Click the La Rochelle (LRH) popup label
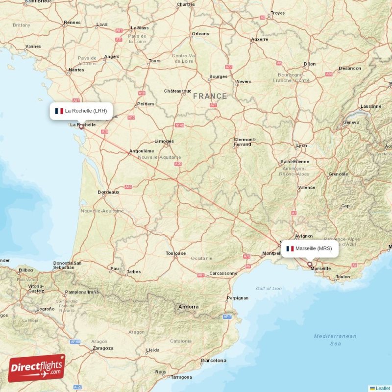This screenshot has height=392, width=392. pos(81,111)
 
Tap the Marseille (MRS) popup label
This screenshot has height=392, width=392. pos(309,248)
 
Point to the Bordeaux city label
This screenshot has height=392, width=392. pos(108,192)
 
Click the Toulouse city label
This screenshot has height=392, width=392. pos(175,253)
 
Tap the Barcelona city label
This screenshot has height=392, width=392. pos(214,360)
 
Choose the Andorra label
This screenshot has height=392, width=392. pos(189,307)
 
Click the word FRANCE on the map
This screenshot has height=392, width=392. pos(210,96)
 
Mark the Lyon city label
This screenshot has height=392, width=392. pos(302,146)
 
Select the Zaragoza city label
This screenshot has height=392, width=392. pos(102,348)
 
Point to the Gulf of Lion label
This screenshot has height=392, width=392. pos(269,289)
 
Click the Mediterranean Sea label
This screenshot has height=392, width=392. pos(335,340)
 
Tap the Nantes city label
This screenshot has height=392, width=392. pos(76,70)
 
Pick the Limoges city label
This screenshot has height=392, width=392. pos(164,141)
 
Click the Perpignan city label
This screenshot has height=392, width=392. pos(237,298)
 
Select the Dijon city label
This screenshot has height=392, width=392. pos(310,64)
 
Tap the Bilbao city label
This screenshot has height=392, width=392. pos(26,270)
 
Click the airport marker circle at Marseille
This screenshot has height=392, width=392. pos(309,264)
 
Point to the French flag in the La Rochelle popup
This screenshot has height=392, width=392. pos(59,111)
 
